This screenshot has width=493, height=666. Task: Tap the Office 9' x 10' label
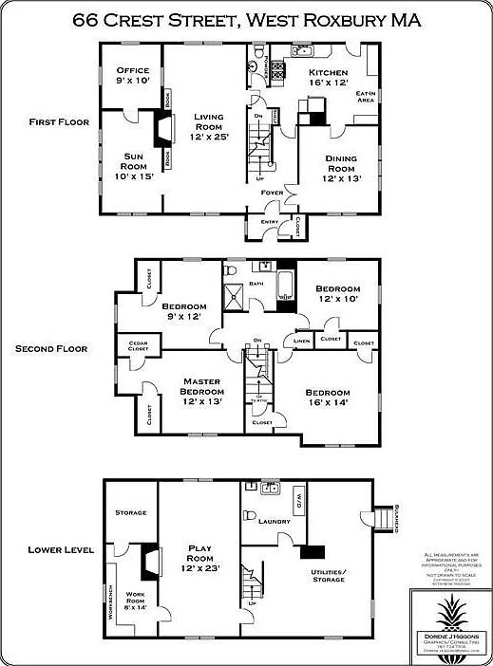coord(133,75)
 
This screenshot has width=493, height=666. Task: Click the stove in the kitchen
coord(279,69)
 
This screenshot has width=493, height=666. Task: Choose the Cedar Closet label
coord(138,345)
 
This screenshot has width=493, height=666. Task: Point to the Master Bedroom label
coord(200,387)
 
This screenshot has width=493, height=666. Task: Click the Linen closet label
coord(301,340)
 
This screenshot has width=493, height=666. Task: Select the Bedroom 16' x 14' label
coord(328,398)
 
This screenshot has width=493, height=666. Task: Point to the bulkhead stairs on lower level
coord(385,518)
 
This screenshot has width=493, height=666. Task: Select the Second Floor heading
coord(51,348)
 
